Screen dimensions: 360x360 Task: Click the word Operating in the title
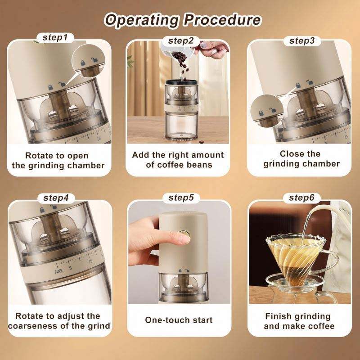141,20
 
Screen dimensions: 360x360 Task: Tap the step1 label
55,38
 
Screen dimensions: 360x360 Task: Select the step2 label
181,41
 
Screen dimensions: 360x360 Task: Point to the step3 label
302,41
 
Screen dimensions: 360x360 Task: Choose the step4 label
56,198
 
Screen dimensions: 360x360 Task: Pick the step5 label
181,198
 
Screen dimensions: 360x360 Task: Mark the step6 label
301,198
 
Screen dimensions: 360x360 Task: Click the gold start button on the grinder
184,234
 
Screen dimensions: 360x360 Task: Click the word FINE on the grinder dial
58,271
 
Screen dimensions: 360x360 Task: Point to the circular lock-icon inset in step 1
89,61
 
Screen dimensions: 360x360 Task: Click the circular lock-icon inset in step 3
267,111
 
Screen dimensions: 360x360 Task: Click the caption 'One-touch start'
179,320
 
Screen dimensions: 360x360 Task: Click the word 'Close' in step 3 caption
289,154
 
